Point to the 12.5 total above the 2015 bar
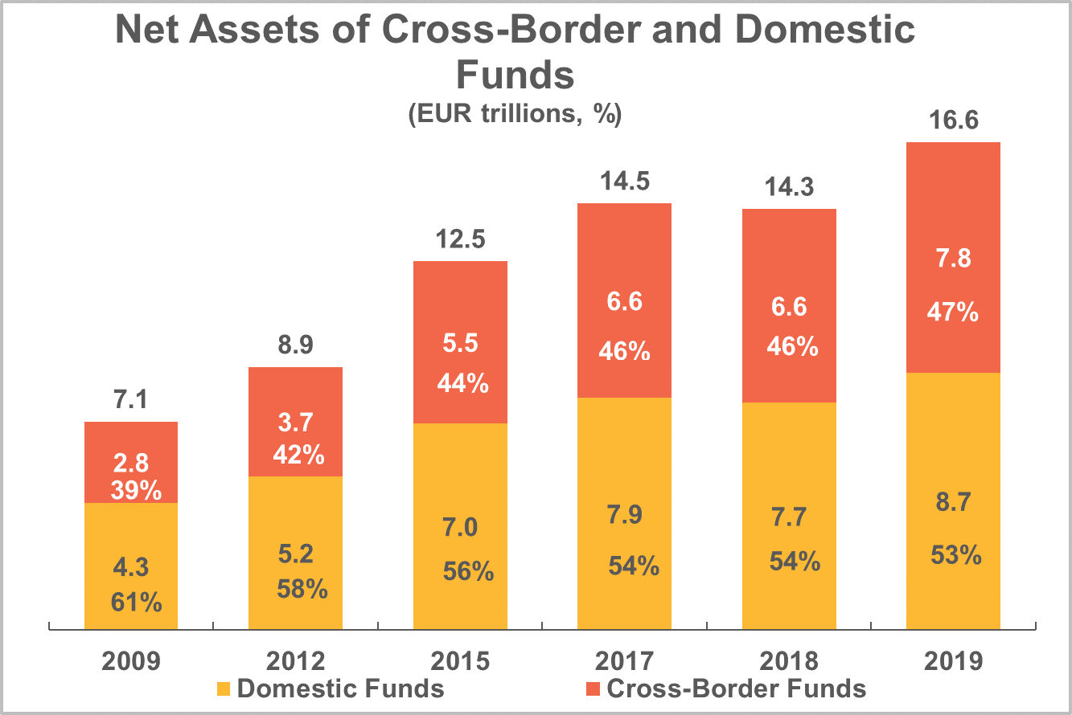click(460, 240)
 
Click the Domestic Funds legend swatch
click(223, 688)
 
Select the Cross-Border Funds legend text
click(736, 688)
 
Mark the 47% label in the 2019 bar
click(953, 312)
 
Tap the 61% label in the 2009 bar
click(136, 601)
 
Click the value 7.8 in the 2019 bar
click(953, 259)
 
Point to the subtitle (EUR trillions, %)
click(515, 115)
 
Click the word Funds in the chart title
click(515, 75)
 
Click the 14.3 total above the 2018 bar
click(789, 187)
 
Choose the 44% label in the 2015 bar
click(460, 384)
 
